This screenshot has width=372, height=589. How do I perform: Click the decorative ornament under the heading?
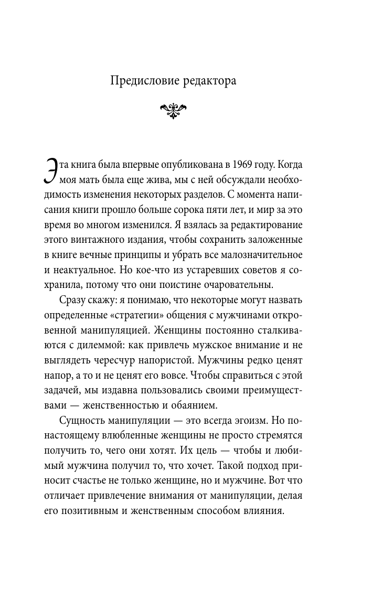pyautogui.click(x=173, y=110)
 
